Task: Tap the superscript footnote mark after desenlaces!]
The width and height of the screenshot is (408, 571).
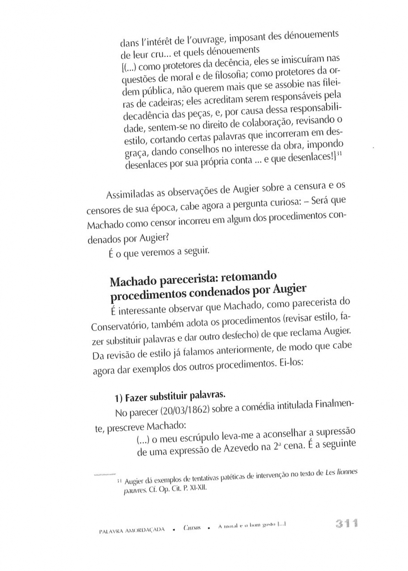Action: tap(338, 156)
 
